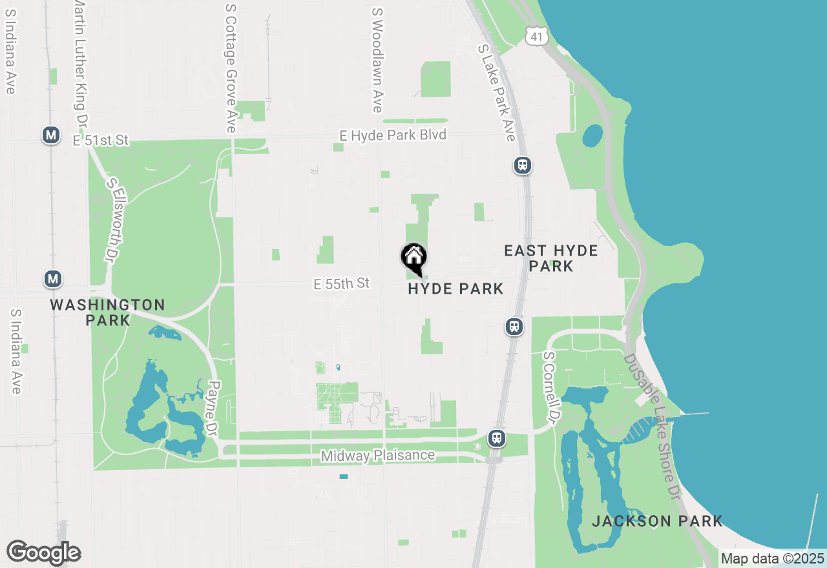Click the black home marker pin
pyautogui.click(x=414, y=258)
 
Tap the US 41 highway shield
pyautogui.click(x=536, y=36)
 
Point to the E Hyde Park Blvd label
pyautogui.click(x=393, y=136)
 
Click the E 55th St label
pyautogui.click(x=341, y=283)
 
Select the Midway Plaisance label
pyautogui.click(x=378, y=456)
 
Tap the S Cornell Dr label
pyautogui.click(x=550, y=387)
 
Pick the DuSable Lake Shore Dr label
pyautogui.click(x=653, y=426)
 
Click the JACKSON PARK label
pyautogui.click(x=657, y=522)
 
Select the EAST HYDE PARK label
pyautogui.click(x=551, y=258)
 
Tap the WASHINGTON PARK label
pyautogui.click(x=108, y=312)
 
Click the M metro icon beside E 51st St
pyautogui.click(x=51, y=136)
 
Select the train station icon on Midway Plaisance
pyautogui.click(x=496, y=438)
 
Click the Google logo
pyautogui.click(x=43, y=553)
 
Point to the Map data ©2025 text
pyautogui.click(x=772, y=558)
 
